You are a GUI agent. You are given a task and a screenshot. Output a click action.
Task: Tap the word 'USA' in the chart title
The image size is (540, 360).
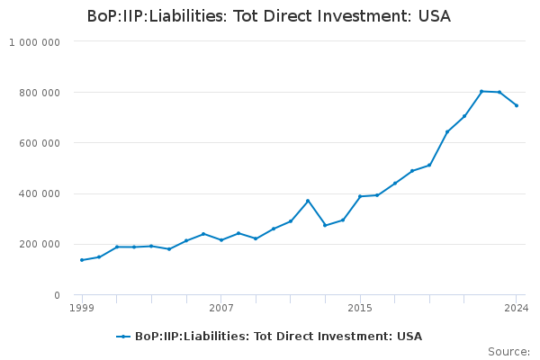coord(435,16)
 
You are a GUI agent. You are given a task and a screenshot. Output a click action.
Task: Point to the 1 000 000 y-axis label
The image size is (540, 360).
coord(34,42)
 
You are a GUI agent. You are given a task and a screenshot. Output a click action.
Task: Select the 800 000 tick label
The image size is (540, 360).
coord(40,93)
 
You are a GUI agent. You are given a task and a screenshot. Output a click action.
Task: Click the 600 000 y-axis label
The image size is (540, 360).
coord(40,143)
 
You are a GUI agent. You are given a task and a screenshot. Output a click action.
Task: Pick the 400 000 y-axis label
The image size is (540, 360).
coord(40,193)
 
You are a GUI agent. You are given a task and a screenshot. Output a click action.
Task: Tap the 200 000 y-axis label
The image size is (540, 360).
coord(40,244)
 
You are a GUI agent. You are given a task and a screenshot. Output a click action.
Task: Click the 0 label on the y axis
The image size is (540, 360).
coord(57,295)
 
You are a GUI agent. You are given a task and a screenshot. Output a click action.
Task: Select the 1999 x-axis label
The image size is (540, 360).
coord(82,308)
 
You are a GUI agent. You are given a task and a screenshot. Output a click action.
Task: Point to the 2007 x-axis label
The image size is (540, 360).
coord(221,308)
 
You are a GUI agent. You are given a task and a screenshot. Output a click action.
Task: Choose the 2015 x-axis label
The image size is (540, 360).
coord(360,308)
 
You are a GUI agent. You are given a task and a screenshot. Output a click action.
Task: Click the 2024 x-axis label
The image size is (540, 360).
coord(517,308)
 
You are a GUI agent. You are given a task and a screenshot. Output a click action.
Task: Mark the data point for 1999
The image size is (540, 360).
coord(82,260)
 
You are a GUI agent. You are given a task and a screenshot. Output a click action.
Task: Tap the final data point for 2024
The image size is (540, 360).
coord(517,105)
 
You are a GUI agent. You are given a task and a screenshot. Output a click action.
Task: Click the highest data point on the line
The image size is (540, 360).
coord(481,91)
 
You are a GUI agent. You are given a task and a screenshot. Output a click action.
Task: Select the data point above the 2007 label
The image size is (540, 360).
coord(221,239)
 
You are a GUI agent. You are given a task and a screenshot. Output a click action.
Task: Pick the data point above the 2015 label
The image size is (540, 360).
coord(360,196)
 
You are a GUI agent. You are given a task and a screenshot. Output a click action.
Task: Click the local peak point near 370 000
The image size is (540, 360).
coord(308,201)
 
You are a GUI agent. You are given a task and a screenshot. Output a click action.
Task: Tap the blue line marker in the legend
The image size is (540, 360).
coord(123,337)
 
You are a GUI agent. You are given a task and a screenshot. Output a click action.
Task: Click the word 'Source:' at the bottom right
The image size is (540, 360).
coord(508,352)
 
